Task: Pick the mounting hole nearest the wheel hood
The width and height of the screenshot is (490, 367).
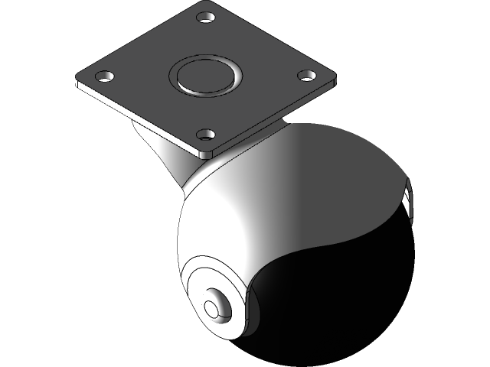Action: click(x=204, y=135)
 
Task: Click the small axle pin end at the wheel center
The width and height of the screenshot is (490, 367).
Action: click(x=211, y=307)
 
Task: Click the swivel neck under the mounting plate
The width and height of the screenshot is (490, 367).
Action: click(x=165, y=149)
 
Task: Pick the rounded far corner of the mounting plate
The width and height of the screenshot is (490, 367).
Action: click(x=207, y=6)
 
